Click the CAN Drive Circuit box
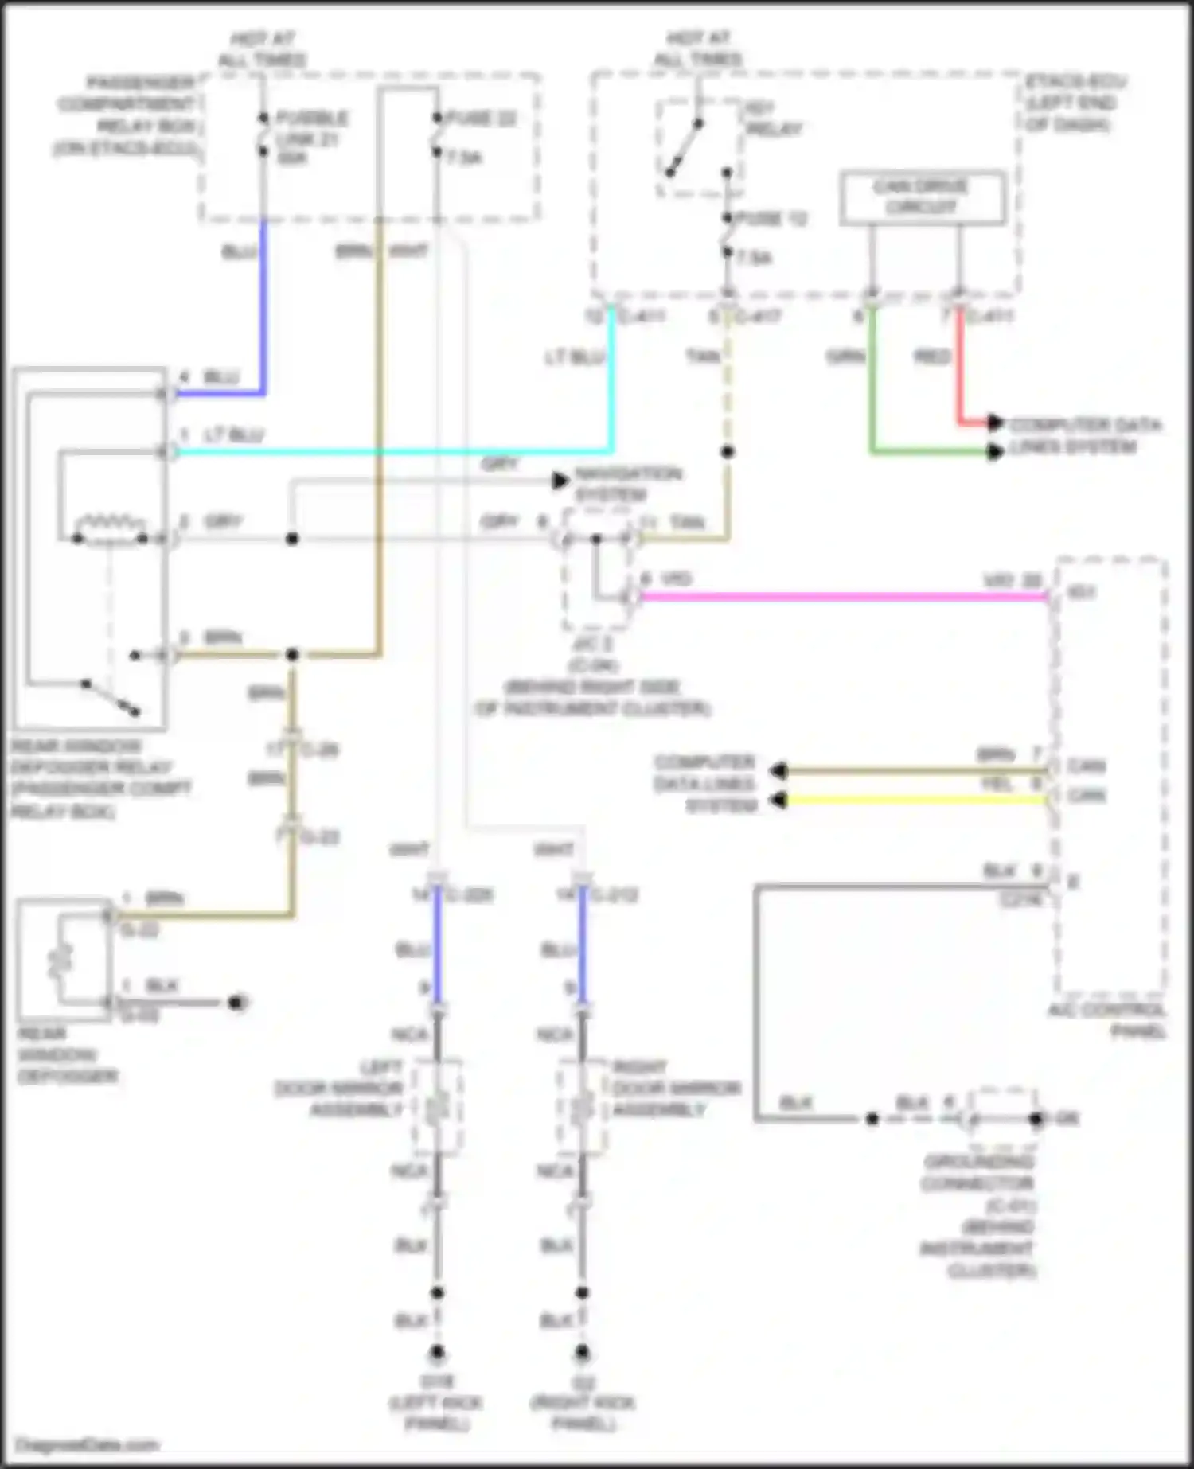tap(922, 197)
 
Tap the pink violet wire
tap(836, 596)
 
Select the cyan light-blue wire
tap(398, 452)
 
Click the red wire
tap(960, 366)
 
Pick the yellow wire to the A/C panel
tap(907, 799)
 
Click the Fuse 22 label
tap(481, 119)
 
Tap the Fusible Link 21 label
tap(310, 138)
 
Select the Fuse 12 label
tap(771, 219)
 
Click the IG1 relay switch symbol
tap(685, 147)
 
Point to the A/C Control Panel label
tap(1108, 1020)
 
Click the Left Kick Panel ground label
tap(436, 1404)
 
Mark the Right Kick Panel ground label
tap(583, 1404)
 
